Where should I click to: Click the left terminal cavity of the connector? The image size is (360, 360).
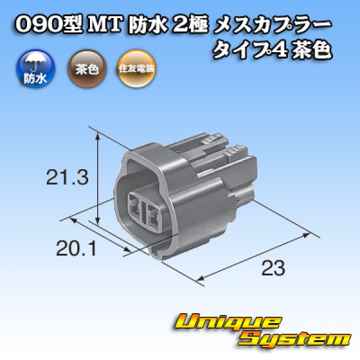pos(136,206)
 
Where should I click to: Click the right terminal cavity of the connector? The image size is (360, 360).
pos(153,214)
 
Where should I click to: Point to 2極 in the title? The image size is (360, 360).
pos(180,26)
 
